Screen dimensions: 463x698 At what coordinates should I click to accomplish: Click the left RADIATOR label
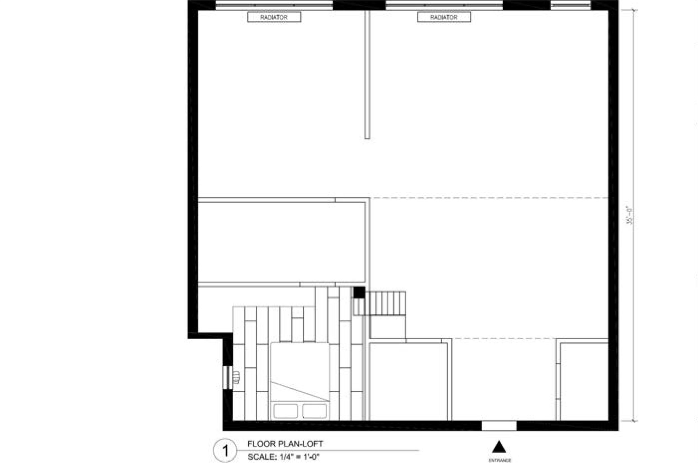274,17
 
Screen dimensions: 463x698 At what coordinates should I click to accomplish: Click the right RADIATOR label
444,17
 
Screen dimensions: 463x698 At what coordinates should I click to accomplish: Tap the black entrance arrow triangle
499,447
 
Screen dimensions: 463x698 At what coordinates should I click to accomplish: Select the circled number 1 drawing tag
225,451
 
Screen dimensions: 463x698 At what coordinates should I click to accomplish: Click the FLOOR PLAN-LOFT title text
285,443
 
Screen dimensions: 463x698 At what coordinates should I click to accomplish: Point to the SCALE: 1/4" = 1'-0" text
283,457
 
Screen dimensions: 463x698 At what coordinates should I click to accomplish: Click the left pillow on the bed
286,411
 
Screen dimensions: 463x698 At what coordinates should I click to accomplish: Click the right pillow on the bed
314,411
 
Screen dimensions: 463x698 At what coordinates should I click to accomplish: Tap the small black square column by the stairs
359,292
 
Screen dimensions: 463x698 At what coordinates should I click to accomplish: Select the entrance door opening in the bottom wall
499,425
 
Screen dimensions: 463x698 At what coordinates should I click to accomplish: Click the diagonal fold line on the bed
300,392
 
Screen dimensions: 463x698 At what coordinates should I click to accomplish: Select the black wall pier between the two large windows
359,5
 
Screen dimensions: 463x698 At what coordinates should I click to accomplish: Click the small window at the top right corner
570,5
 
